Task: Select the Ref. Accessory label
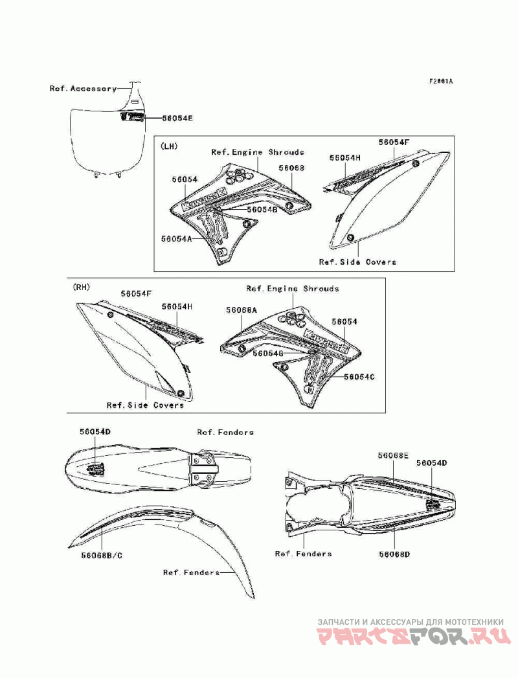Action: [x=83, y=88]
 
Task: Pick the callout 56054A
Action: [x=177, y=238]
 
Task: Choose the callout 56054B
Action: [x=261, y=209]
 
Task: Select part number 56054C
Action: [x=359, y=376]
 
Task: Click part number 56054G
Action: [x=268, y=354]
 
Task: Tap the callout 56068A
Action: [x=242, y=310]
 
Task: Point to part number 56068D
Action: [x=394, y=554]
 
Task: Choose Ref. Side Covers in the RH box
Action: [x=145, y=405]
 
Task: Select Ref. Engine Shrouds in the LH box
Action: [x=257, y=152]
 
